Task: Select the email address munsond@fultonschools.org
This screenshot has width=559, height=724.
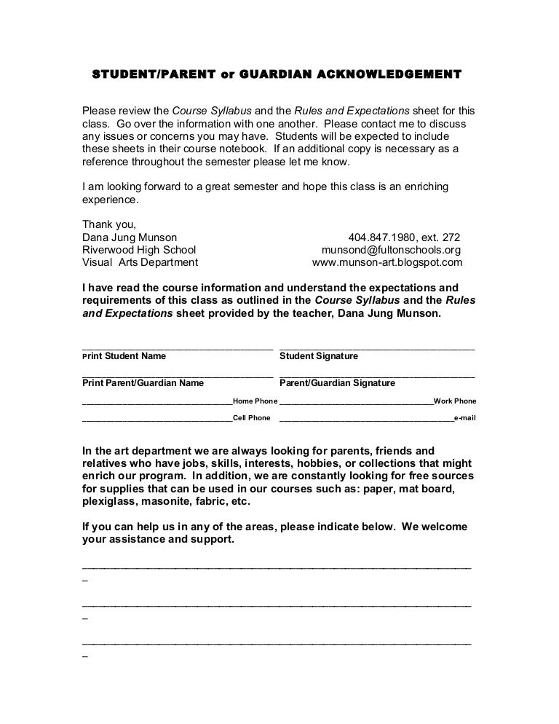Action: pyautogui.click(x=391, y=250)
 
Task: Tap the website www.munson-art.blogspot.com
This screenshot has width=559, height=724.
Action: pyautogui.click(x=386, y=262)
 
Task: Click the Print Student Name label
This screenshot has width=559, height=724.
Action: pyautogui.click(x=124, y=356)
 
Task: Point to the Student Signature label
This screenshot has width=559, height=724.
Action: pyautogui.click(x=319, y=356)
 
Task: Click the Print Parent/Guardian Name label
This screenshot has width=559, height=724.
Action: pyautogui.click(x=143, y=382)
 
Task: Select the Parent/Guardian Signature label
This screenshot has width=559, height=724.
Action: pyautogui.click(x=338, y=382)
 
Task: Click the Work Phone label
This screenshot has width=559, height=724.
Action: pyautogui.click(x=455, y=401)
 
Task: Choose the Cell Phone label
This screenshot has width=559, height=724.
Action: pyautogui.click(x=252, y=418)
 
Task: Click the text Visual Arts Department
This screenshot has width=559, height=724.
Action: pyautogui.click(x=140, y=262)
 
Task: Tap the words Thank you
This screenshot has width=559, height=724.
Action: pyautogui.click(x=109, y=224)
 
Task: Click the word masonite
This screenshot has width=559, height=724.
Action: pyautogui.click(x=170, y=503)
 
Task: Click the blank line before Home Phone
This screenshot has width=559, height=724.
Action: pyautogui.click(x=156, y=401)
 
